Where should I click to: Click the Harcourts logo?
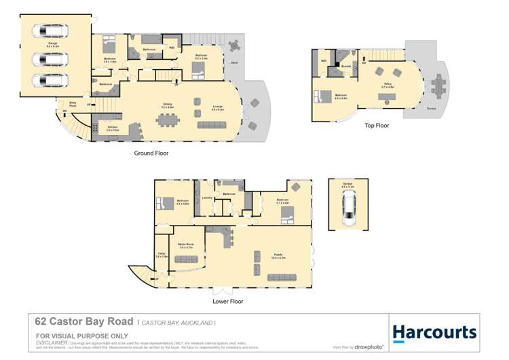(434, 332)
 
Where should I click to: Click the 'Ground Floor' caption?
(151, 154)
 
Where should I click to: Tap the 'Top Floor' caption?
(376, 126)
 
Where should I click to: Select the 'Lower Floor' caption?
(229, 301)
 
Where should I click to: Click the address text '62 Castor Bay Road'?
(83, 322)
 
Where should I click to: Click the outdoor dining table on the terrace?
(438, 85)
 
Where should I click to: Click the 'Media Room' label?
(187, 245)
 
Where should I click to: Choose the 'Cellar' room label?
(162, 256)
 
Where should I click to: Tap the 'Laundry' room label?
(207, 198)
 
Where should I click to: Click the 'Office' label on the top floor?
(387, 86)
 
